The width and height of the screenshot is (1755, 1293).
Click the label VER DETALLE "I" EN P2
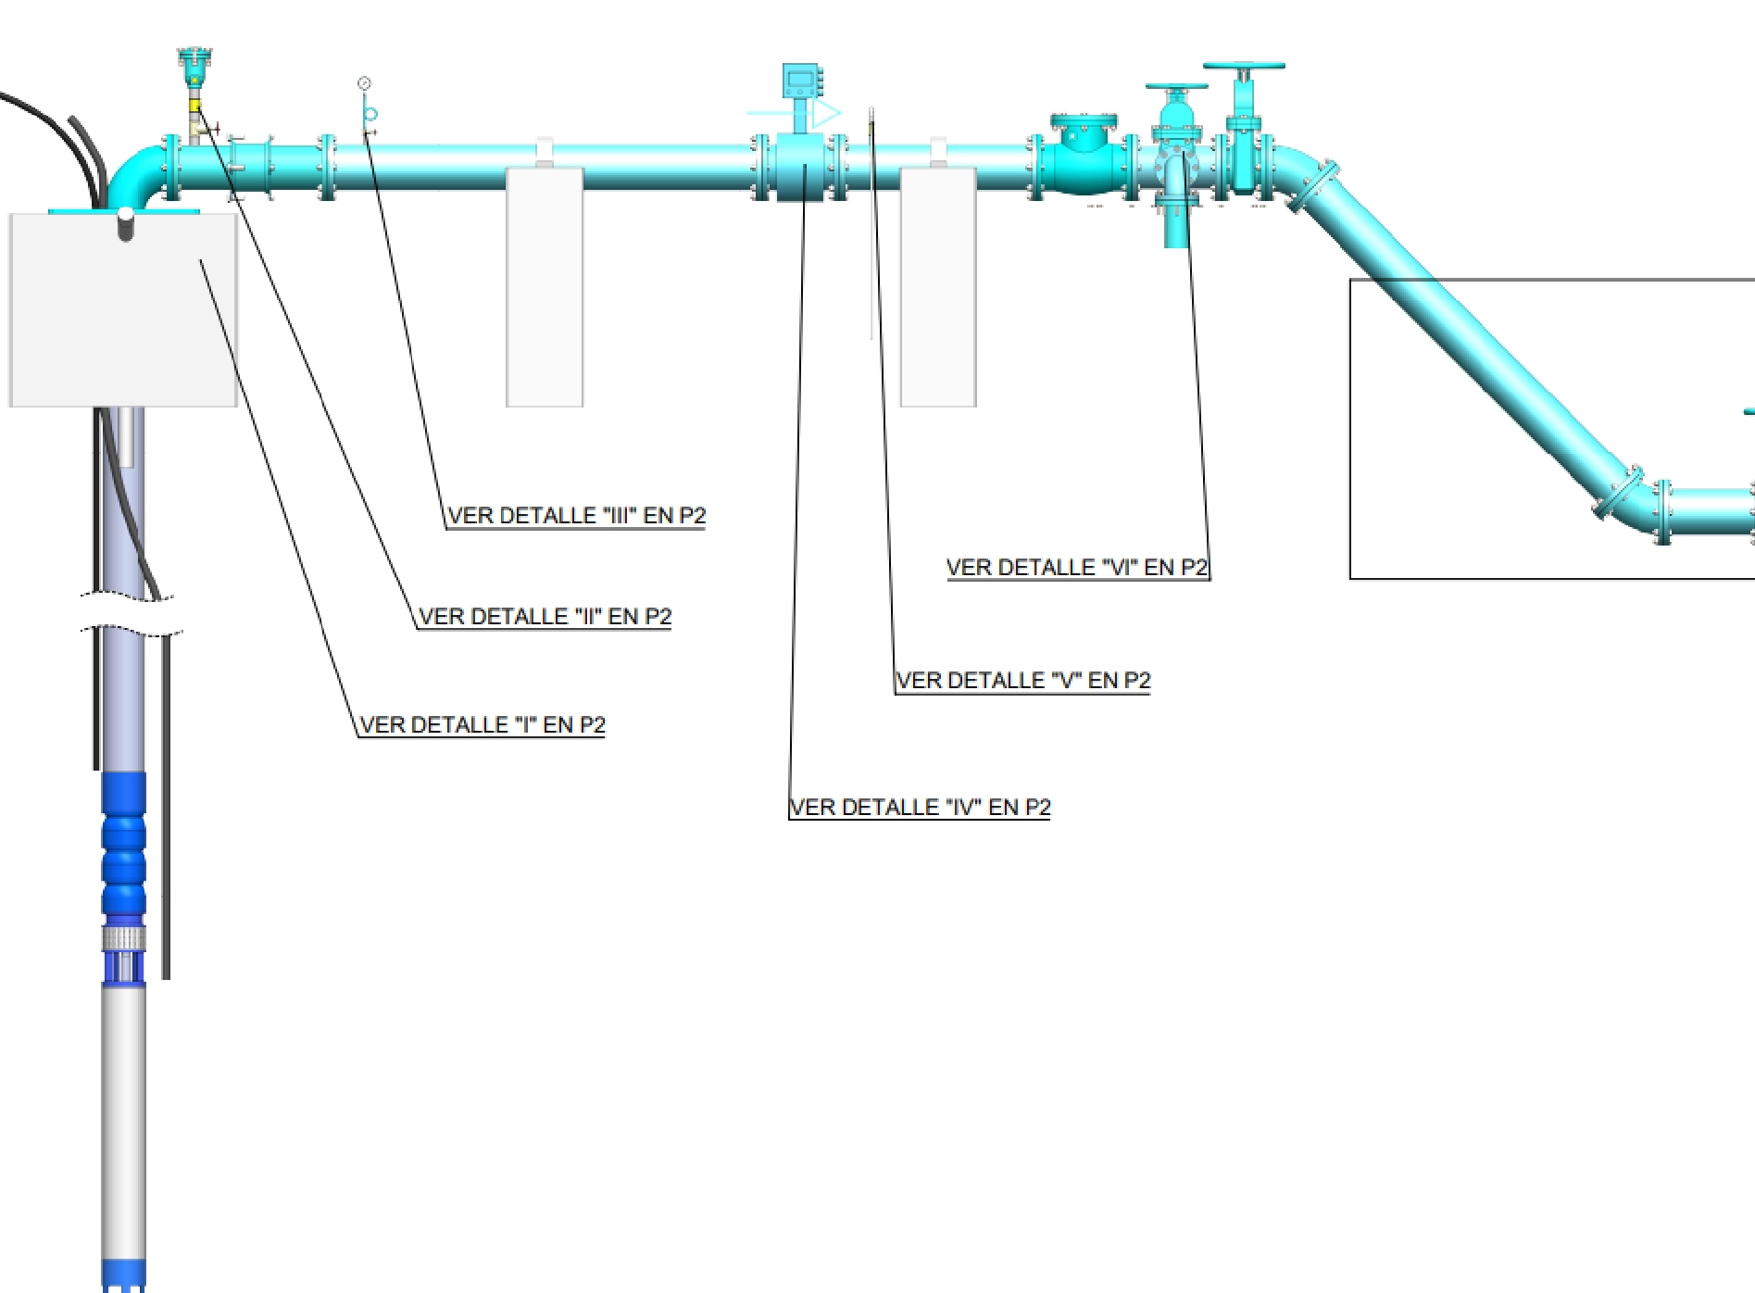[x=482, y=724]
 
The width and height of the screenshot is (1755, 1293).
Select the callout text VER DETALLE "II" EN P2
[x=545, y=616]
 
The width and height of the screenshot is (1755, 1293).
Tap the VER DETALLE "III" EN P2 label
[x=576, y=515]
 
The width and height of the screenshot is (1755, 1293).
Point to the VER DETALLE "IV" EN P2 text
[x=920, y=807]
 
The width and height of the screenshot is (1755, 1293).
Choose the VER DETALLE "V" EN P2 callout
[x=1022, y=680]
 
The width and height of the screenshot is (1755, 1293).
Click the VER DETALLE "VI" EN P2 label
[x=1076, y=567]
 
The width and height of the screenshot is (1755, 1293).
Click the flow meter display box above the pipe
[x=800, y=82]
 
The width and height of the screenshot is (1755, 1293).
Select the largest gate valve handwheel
[x=1243, y=67]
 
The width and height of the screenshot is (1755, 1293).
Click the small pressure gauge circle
[x=364, y=84]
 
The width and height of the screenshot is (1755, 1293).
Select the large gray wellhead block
[x=123, y=310]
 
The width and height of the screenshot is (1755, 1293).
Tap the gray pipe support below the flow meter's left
[x=545, y=287]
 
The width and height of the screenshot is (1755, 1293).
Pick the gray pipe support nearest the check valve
[x=938, y=287]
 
